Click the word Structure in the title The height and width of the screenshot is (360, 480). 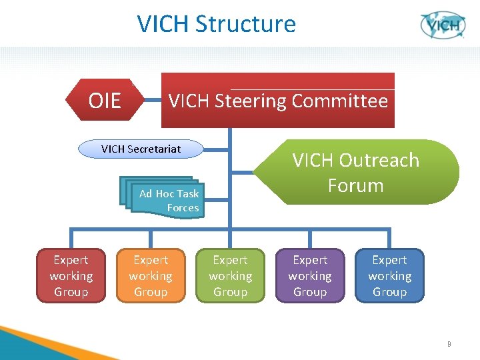[x=246, y=24]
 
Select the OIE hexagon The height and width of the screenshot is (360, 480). [x=105, y=101]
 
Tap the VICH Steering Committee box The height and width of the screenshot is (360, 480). [x=278, y=101]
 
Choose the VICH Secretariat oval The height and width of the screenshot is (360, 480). [x=141, y=149]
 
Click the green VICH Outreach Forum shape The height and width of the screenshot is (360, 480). [x=356, y=172]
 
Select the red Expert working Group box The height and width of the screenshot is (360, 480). [x=71, y=276]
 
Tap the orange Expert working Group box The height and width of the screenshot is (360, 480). [x=151, y=276]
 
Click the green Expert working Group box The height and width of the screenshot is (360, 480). [x=230, y=276]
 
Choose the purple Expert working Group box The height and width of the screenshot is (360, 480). [x=310, y=276]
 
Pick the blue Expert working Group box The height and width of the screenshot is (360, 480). [x=389, y=276]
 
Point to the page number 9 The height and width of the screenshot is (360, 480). [x=449, y=344]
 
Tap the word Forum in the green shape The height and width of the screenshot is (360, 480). [x=355, y=185]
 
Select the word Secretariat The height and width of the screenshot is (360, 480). [x=156, y=149]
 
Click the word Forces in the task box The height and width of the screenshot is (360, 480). [x=183, y=208]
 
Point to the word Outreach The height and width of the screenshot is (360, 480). [x=379, y=161]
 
